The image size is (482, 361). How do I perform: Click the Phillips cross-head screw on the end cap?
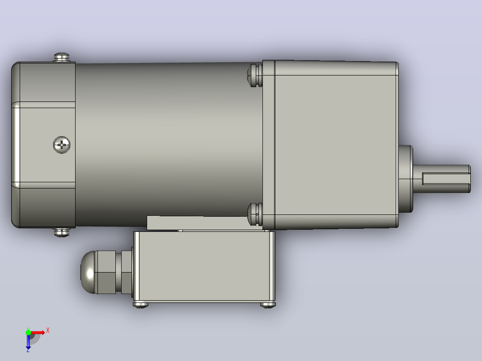(62, 145)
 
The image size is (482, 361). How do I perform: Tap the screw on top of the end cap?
(62, 57)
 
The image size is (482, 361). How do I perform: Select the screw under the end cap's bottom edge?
(62, 232)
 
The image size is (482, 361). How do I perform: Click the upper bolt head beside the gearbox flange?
(255, 75)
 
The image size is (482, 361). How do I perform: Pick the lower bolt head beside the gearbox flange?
(255, 214)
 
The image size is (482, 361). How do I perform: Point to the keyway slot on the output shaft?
(446, 179)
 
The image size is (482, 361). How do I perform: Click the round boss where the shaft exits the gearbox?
(406, 179)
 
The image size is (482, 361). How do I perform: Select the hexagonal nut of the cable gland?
(105, 272)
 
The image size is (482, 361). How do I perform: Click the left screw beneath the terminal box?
(140, 305)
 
